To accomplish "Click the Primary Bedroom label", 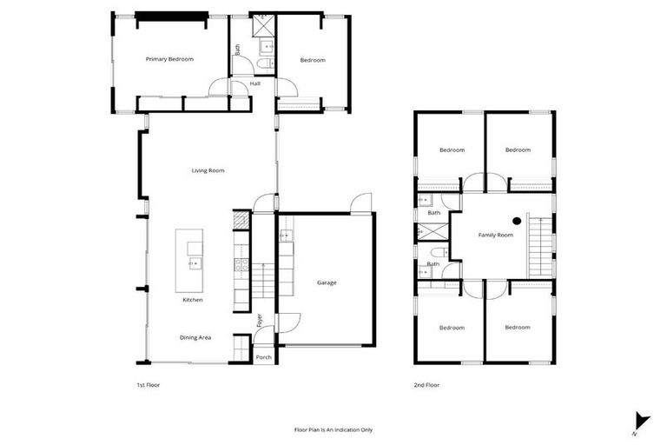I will pyautogui.click(x=169, y=59).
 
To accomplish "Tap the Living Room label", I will pyautogui.click(x=208, y=170).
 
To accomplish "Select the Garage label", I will pyautogui.click(x=327, y=282).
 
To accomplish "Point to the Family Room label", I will pyautogui.click(x=496, y=236).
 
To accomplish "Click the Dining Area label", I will pyautogui.click(x=195, y=337).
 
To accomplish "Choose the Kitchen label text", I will pyautogui.click(x=193, y=300).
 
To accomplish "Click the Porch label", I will pyautogui.click(x=263, y=357).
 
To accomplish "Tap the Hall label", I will pyautogui.click(x=255, y=83).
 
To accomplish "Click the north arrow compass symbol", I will pyautogui.click(x=641, y=421).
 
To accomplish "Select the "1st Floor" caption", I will pyautogui.click(x=149, y=384).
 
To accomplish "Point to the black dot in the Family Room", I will pyautogui.click(x=516, y=221).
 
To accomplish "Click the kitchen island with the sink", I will pyautogui.click(x=189, y=260).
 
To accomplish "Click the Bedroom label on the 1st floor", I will pyautogui.click(x=313, y=60).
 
